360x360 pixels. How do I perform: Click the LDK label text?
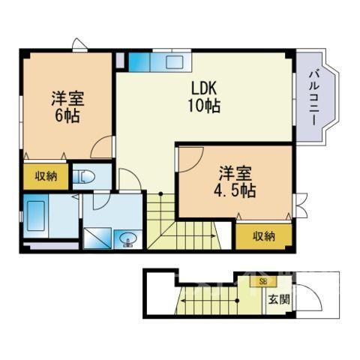coord(204,88)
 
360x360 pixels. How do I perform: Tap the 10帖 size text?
coord(204,106)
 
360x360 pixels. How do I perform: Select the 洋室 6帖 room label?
coord(67,107)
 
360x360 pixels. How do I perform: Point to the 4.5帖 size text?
coord(235,191)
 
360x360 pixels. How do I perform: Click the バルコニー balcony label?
coord(316,98)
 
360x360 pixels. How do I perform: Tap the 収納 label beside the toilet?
coord(46,176)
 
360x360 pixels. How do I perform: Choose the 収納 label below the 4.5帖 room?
coord(264,236)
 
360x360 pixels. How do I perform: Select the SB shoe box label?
coord(263,282)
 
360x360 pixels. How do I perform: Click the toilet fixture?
coord(84,177)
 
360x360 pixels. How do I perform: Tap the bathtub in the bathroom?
coord(36,216)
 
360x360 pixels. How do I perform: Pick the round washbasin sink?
coord(128,238)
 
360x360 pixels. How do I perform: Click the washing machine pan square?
coord(97,238)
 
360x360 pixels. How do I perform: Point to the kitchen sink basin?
coord(175,62)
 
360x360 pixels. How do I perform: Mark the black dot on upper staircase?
coord(161,193)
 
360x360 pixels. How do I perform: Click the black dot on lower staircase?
coord(238,301)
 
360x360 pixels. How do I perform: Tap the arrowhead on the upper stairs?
coord(214,235)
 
